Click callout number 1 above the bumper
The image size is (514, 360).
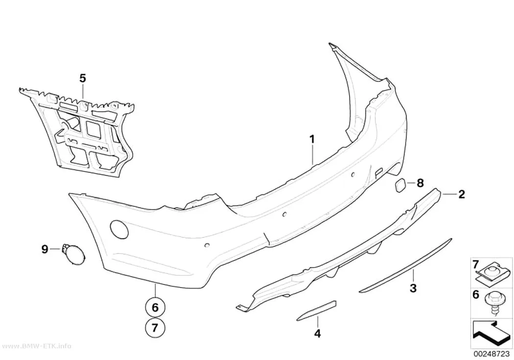click(x=312, y=139)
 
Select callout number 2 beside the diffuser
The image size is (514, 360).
click(x=462, y=194)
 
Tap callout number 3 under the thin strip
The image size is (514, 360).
click(x=413, y=288)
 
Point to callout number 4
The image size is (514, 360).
click(x=317, y=334)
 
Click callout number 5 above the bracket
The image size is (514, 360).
click(x=83, y=78)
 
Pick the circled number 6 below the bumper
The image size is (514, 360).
click(x=155, y=308)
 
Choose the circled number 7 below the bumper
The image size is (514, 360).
click(x=155, y=327)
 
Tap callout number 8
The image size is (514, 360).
click(x=420, y=183)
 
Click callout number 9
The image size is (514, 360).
click(x=45, y=249)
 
